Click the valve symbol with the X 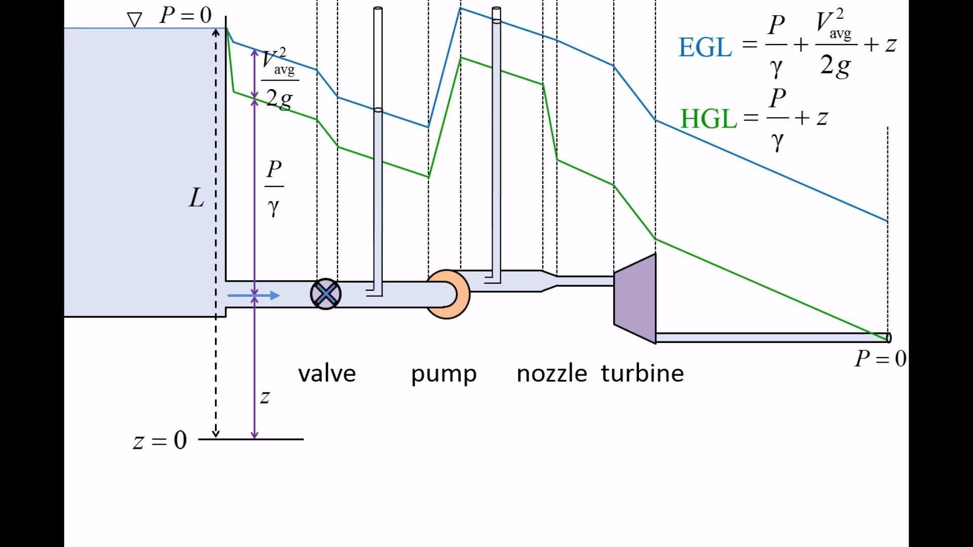pos(325,294)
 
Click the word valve pos(327,374)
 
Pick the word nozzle pos(552,374)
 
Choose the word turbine pos(642,373)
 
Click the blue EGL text pos(705,48)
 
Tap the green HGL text pos(708,119)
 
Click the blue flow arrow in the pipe pos(253,295)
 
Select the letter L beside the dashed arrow pos(196,198)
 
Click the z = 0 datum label pos(160,441)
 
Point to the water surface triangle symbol pos(134,20)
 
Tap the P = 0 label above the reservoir pos(185,15)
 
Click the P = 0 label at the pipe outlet pos(881,359)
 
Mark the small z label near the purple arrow pos(265,397)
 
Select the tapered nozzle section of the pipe pos(550,281)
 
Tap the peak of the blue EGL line pos(460,8)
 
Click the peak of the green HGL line pos(461,58)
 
